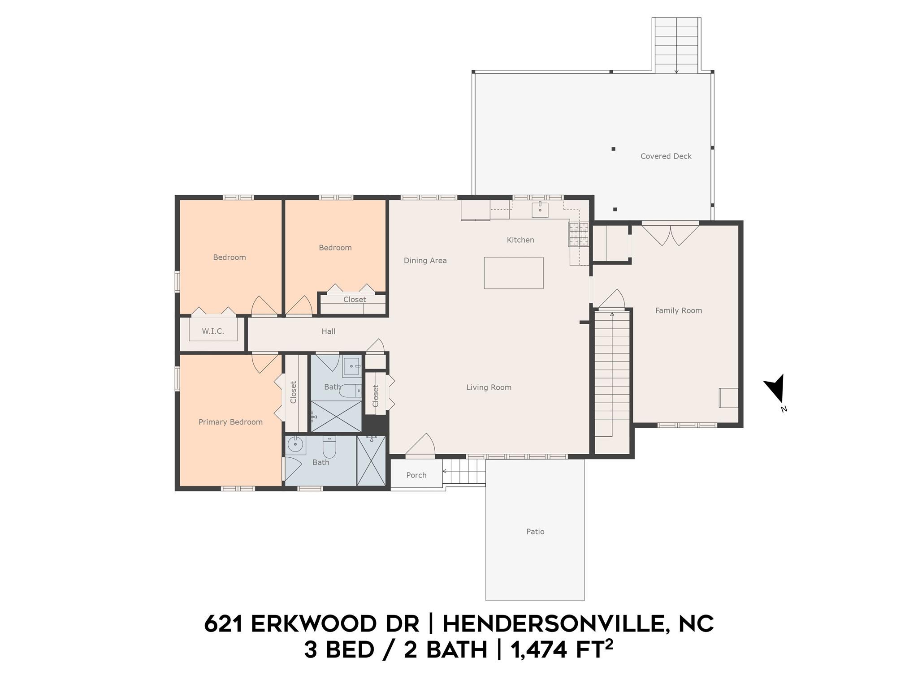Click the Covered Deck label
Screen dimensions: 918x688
coord(666,156)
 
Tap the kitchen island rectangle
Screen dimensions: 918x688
coord(514,273)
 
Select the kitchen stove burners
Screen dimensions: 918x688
coord(579,234)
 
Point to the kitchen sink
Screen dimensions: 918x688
coord(540,210)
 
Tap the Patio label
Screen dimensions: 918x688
coord(535,532)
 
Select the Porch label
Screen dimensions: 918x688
coord(416,475)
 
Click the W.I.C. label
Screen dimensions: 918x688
coord(213,331)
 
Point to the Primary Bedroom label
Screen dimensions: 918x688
coord(230,422)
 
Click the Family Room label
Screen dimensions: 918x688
coord(679,310)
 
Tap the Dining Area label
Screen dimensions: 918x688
coord(425,261)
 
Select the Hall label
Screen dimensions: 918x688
coord(329,331)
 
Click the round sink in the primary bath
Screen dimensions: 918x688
coord(295,445)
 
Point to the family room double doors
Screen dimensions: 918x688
coord(670,234)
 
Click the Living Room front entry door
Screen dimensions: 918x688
coord(420,445)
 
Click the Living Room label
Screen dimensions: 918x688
coord(489,387)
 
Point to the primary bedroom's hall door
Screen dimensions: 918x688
coord(265,363)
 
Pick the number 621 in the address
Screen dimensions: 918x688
coord(223,623)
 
